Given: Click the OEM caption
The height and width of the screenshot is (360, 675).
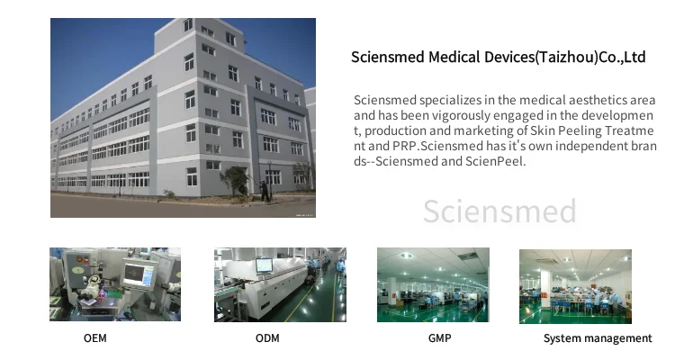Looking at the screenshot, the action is point(95,338).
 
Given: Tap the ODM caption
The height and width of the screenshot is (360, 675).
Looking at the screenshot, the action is point(267,338).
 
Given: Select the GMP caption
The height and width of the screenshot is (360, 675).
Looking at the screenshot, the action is point(439,338).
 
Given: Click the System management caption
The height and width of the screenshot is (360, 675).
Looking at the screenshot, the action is point(598,338).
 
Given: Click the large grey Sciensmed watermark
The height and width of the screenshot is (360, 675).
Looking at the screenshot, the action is point(499,211).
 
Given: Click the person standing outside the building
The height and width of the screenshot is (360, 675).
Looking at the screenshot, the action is point(265,190).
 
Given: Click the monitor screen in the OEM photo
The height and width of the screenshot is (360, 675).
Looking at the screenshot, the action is point(139,275).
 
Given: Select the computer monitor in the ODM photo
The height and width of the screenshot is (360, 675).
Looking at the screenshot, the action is point(264,265).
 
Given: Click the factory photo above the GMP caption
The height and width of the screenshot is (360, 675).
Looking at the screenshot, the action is point(433,284).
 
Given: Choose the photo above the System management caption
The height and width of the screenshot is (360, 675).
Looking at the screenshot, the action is point(575,286).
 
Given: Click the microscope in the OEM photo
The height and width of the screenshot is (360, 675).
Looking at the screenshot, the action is point(91,287).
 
